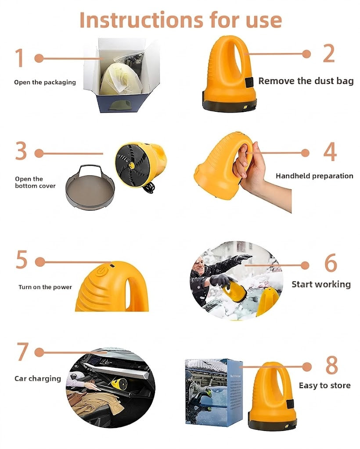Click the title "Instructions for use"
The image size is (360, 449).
click(180, 20)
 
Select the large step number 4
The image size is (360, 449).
click(330, 152)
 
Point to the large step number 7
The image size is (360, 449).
click(23, 352)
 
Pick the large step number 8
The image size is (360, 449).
click(332, 365)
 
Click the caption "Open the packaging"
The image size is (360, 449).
click(45, 82)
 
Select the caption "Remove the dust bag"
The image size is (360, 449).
click(306, 81)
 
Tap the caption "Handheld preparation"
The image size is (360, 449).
click(314, 176)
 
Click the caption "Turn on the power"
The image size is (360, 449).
click(45, 287)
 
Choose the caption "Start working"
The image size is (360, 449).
click(321, 284)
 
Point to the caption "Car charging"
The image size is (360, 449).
click(38, 378)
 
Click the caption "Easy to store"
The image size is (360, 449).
click(324, 385)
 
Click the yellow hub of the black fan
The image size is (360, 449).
click(132, 165)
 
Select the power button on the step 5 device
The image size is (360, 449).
click(100, 271)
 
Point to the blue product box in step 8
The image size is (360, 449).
click(213, 392)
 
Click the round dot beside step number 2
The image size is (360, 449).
click(306, 54)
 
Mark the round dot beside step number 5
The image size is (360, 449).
click(40, 262)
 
